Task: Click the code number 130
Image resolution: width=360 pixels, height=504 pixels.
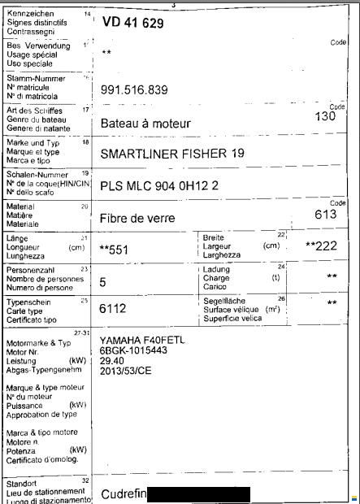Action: coord(325,116)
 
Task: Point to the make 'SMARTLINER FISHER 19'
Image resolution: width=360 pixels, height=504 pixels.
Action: coord(171,153)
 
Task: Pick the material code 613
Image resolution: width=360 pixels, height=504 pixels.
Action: coord(326,215)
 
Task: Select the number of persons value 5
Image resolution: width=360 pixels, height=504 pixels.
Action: coord(102,283)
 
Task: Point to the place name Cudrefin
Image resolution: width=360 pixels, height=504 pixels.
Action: coord(124,493)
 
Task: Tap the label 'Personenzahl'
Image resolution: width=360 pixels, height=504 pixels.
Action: coord(30,269)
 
